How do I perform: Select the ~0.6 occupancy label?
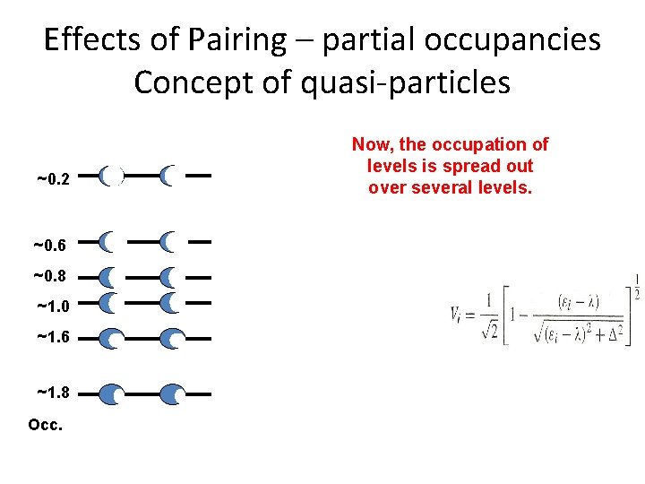click(51, 245)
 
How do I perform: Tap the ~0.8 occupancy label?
click(51, 276)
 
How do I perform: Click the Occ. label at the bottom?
click(46, 424)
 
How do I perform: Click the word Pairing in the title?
click(239, 40)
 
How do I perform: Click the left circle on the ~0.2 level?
click(111, 177)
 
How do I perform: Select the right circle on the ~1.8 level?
click(173, 393)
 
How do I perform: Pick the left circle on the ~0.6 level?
click(107, 242)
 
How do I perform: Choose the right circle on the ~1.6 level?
click(172, 340)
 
